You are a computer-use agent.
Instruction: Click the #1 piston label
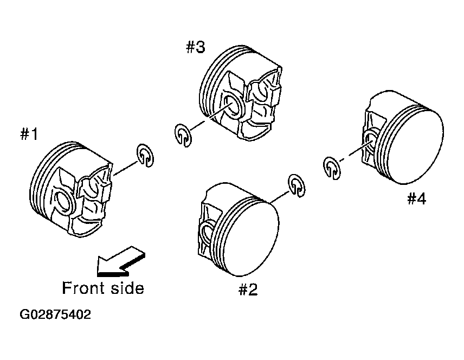29,134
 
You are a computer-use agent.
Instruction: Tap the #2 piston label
248,290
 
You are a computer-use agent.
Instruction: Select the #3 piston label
196,47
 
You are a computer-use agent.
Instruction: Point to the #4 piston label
417,198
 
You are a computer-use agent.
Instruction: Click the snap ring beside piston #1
145,156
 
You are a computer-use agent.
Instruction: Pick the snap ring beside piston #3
183,136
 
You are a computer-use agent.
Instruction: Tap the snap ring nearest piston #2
297,185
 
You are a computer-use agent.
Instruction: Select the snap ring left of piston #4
332,169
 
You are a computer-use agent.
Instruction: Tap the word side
127,288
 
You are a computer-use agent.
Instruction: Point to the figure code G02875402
55,314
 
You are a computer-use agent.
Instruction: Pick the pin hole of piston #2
207,233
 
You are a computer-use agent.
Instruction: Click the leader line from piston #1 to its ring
126,168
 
